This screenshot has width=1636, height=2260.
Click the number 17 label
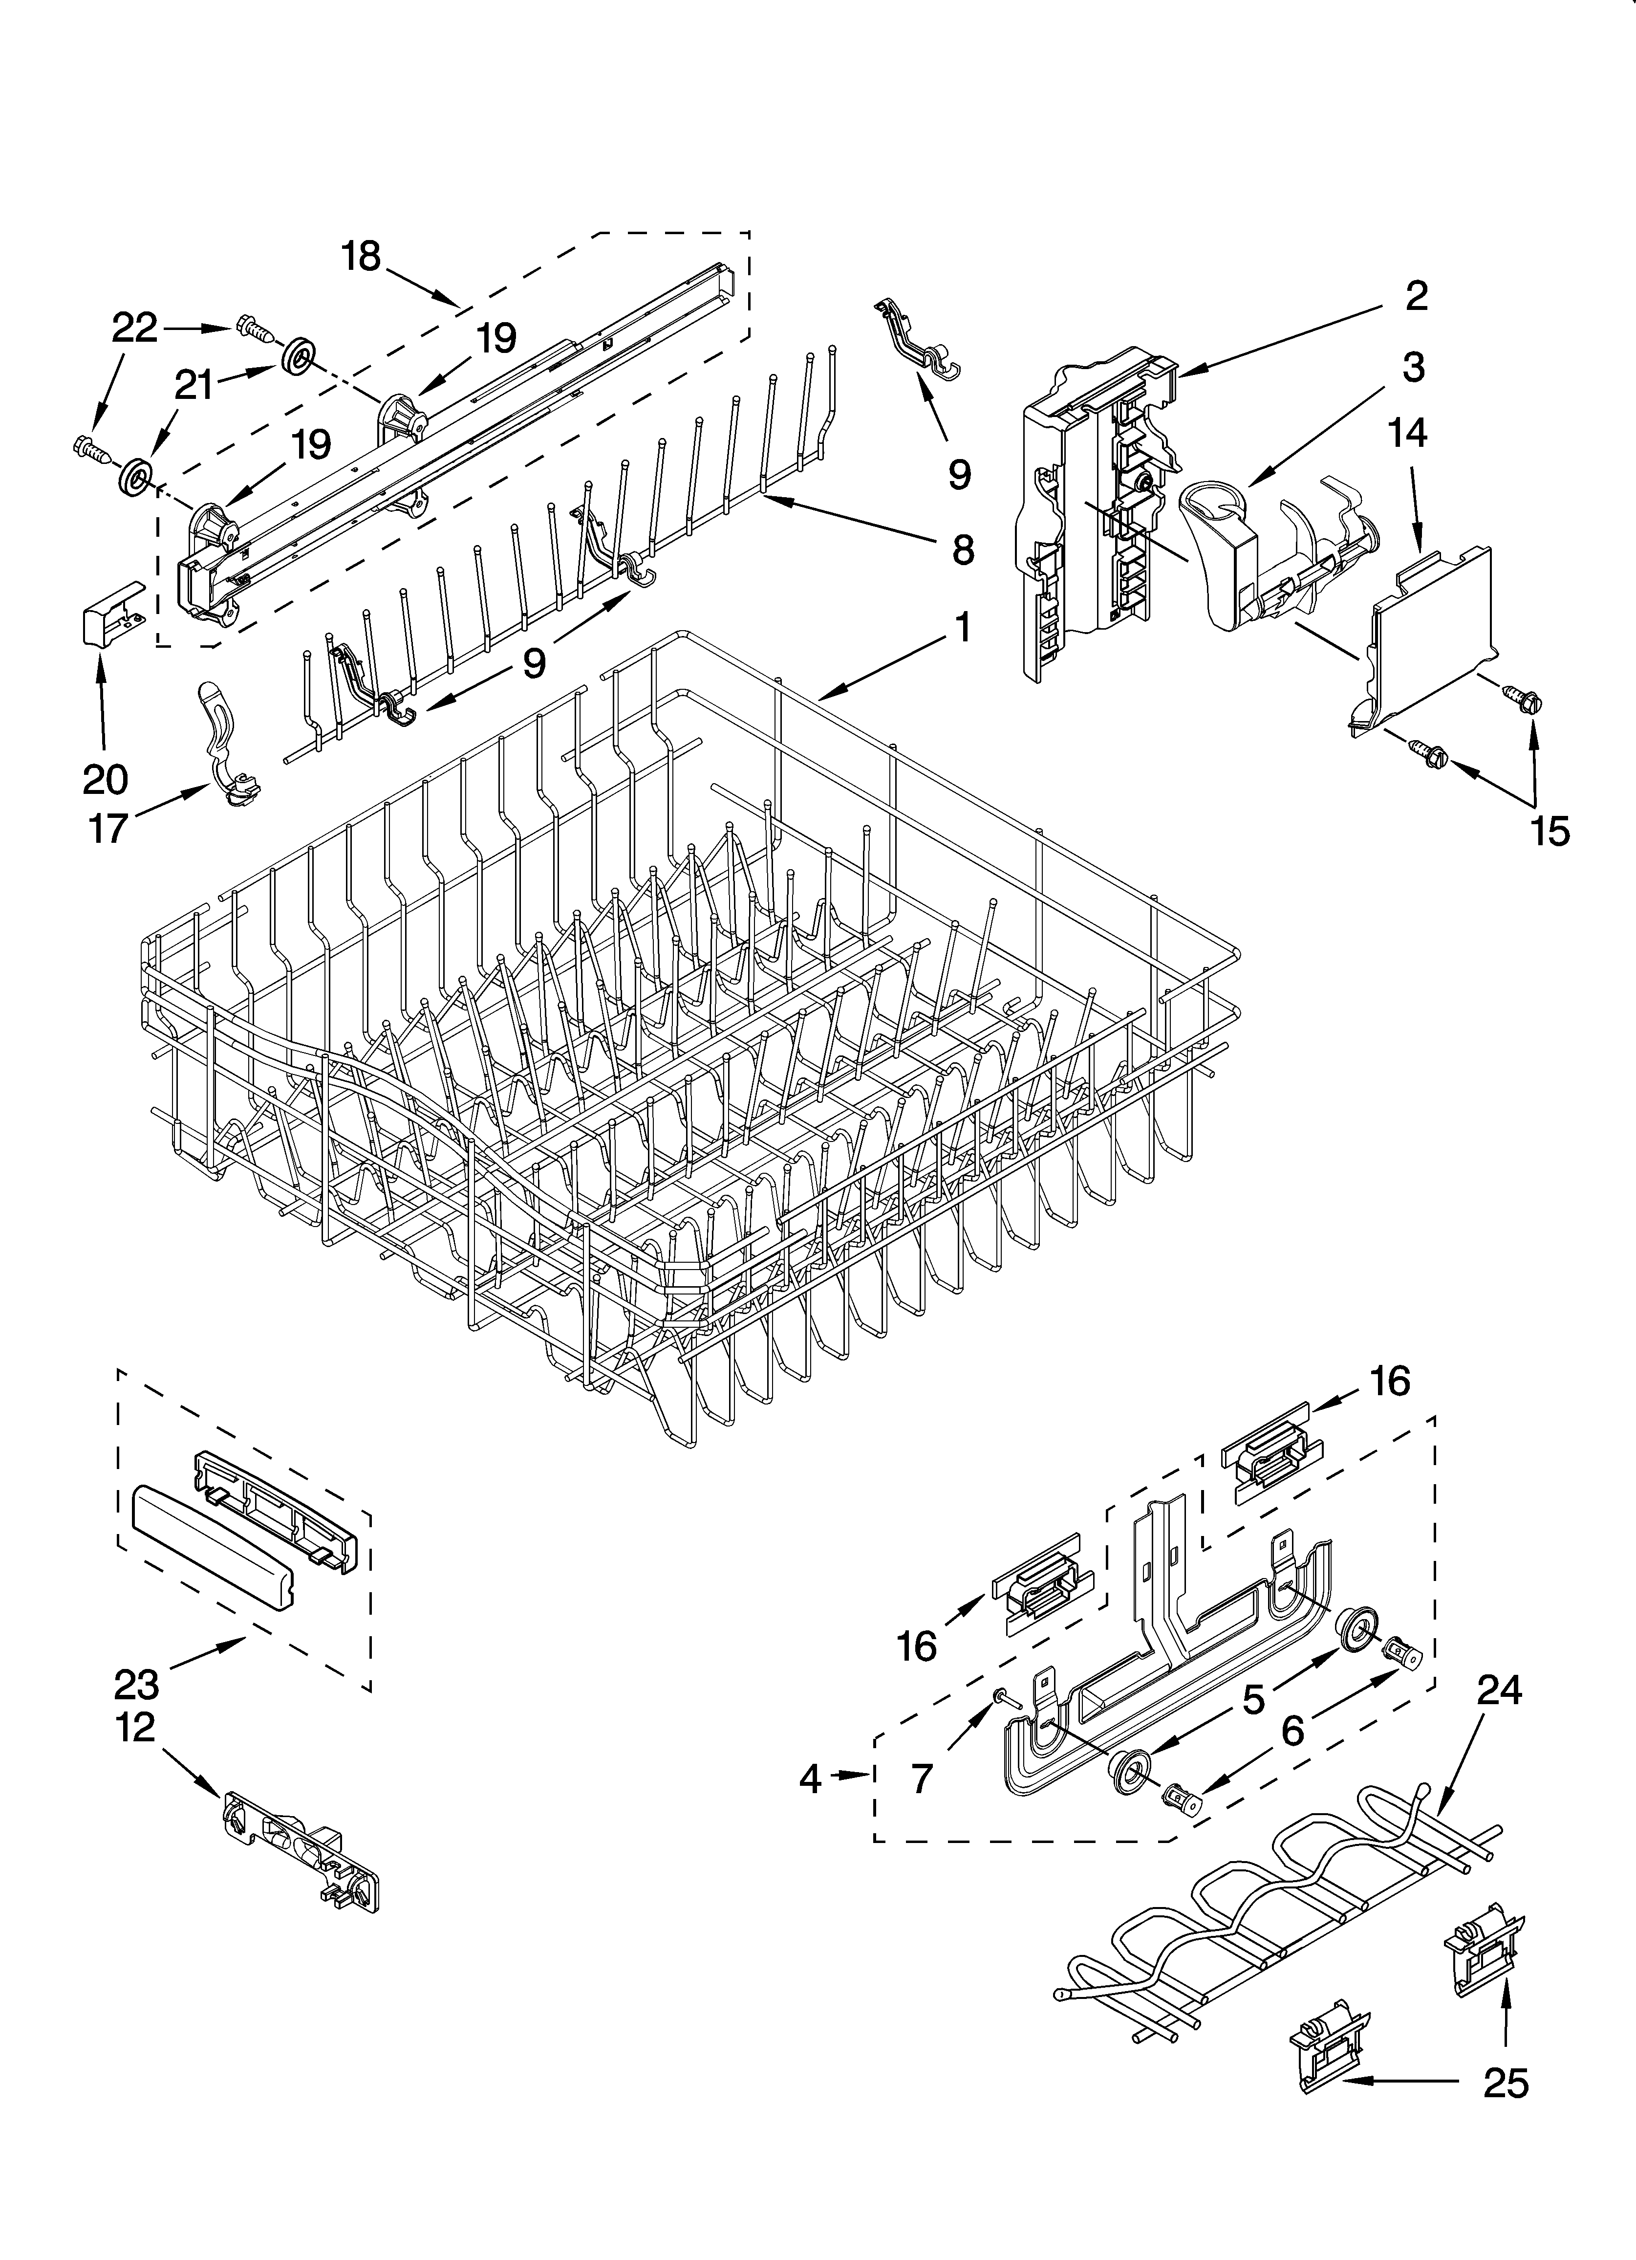(x=108, y=827)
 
